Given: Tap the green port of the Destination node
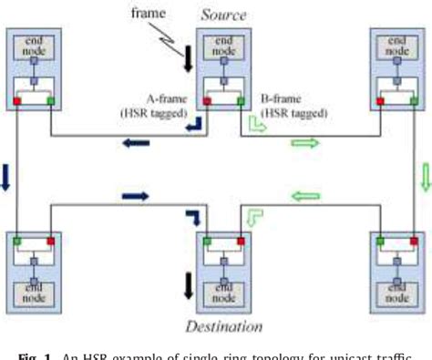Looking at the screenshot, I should [x=206, y=241].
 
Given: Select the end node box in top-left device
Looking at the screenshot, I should [x=31, y=47].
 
